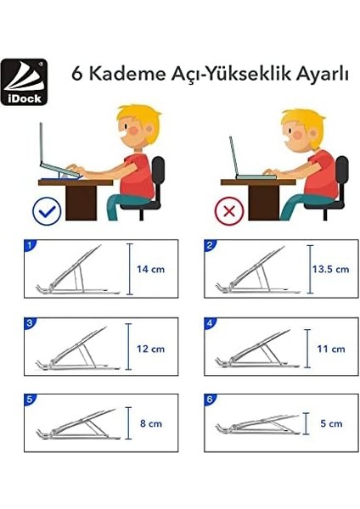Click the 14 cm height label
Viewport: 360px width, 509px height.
click(150, 269)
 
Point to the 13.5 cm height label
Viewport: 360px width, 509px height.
click(330, 269)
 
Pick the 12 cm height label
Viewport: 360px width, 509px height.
click(150, 348)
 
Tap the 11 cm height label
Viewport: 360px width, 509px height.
click(330, 348)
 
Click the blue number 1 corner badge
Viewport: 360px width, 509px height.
click(31, 246)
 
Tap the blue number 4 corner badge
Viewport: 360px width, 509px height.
click(211, 323)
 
